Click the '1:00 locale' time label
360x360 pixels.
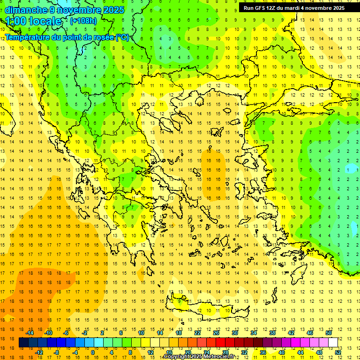click(33, 21)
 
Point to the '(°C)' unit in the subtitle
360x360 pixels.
click(122, 37)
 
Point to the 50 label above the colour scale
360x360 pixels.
click(328, 333)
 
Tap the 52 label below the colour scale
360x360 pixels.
click(337, 352)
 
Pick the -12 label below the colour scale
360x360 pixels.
click(39, 352)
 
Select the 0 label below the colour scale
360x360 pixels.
click(93, 352)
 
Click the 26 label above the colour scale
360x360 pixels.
click(216, 333)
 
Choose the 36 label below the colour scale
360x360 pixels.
click(262, 352)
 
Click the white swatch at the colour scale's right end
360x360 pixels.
click(333, 343)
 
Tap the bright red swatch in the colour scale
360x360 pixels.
click(221, 343)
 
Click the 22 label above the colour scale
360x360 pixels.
click(197, 333)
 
